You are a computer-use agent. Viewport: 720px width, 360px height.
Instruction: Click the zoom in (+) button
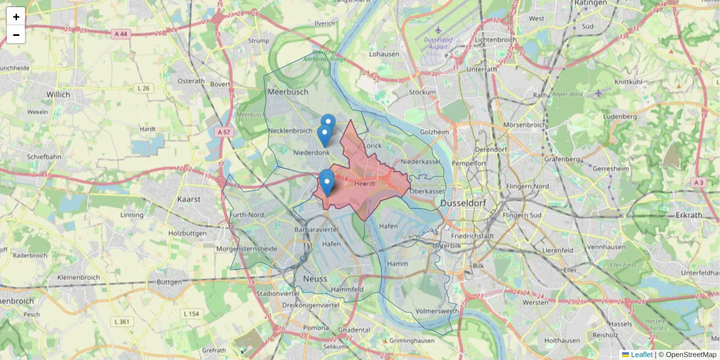point(16,17)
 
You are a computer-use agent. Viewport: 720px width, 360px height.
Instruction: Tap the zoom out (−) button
point(16,35)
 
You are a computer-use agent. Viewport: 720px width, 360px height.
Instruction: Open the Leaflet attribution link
point(641,355)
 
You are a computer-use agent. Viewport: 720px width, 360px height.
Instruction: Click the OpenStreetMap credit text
point(691,355)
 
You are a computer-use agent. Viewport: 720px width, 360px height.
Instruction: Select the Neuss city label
point(315,279)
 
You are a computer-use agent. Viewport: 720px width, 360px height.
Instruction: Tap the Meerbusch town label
point(288,92)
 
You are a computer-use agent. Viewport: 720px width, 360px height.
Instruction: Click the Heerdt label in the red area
point(365,184)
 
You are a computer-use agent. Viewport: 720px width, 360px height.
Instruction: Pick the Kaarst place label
point(189,199)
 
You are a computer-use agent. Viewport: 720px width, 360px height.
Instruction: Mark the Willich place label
point(58,94)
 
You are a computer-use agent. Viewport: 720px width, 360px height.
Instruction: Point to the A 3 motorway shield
point(697,182)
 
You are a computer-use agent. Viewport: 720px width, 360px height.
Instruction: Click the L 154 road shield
point(191,314)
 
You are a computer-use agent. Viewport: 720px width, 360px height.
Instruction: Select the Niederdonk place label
point(311,152)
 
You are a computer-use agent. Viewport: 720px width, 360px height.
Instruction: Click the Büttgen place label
point(169,281)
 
